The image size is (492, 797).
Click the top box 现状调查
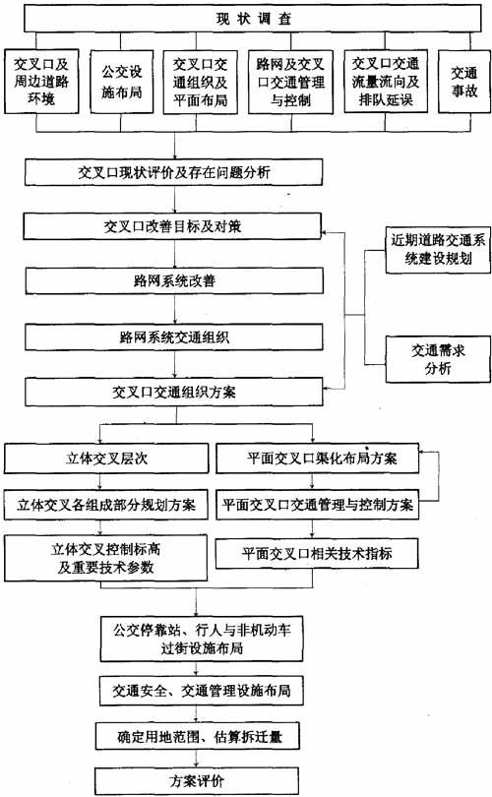[x=253, y=19]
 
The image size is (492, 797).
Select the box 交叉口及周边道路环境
[x=41, y=82]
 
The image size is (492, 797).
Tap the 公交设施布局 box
[x=121, y=82]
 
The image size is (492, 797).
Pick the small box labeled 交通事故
[x=464, y=82]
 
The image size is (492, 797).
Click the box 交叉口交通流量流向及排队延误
[x=386, y=82]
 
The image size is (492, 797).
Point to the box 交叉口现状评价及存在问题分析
[x=173, y=172]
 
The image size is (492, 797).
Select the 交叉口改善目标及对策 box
[x=172, y=226]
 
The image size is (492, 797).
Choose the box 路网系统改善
[x=174, y=281]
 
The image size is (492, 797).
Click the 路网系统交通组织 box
[x=174, y=337]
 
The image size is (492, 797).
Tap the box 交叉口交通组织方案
[x=174, y=392]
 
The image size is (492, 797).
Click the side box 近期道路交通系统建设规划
[x=438, y=250]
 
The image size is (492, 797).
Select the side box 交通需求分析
[x=438, y=359]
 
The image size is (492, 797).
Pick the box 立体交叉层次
[x=106, y=459]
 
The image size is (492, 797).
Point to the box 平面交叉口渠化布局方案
[x=318, y=459]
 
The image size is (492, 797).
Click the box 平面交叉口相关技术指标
[x=317, y=554]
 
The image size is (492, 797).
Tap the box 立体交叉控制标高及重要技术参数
[x=105, y=558]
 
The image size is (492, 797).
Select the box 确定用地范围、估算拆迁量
[x=197, y=737]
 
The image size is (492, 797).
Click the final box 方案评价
[x=197, y=781]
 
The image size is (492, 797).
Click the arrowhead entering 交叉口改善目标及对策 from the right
[x=326, y=233]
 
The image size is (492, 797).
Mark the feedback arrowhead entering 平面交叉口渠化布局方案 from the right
[x=423, y=452]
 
